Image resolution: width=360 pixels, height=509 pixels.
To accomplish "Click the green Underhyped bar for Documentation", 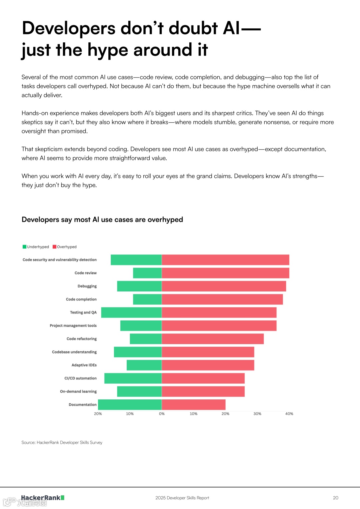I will click(x=130, y=404).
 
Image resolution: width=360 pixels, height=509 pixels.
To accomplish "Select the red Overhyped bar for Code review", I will click(x=225, y=273).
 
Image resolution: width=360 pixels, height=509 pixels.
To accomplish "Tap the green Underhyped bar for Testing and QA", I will click(x=131, y=312).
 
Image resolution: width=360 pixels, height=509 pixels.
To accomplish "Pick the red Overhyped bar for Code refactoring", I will click(x=213, y=339).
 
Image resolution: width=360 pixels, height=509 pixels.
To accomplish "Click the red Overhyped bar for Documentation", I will click(x=193, y=404).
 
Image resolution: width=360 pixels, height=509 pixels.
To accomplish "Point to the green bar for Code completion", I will click(x=147, y=299).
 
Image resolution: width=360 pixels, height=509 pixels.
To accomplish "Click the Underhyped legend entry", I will click(x=36, y=247).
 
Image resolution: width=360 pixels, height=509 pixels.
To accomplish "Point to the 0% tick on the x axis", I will click(x=162, y=414).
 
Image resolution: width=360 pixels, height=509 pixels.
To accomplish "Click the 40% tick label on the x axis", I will click(x=289, y=414).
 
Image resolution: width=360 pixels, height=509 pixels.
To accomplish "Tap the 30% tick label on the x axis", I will click(x=257, y=414).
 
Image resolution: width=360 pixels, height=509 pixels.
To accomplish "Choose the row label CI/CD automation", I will click(x=80, y=378).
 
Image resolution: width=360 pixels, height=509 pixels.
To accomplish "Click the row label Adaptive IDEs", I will click(x=84, y=365).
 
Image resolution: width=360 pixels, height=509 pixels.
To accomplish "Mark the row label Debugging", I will click(x=87, y=286).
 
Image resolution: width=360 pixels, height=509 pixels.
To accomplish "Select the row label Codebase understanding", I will click(x=74, y=352).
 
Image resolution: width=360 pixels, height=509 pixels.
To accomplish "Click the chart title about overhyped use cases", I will click(x=102, y=220).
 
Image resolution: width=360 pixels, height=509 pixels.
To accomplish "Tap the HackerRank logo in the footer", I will click(x=42, y=498).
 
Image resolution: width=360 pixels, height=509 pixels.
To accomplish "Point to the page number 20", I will click(x=335, y=498).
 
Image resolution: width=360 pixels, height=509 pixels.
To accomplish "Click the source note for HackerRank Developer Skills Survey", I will click(x=62, y=442).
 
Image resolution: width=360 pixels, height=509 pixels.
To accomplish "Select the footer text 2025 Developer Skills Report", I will click(x=182, y=498).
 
